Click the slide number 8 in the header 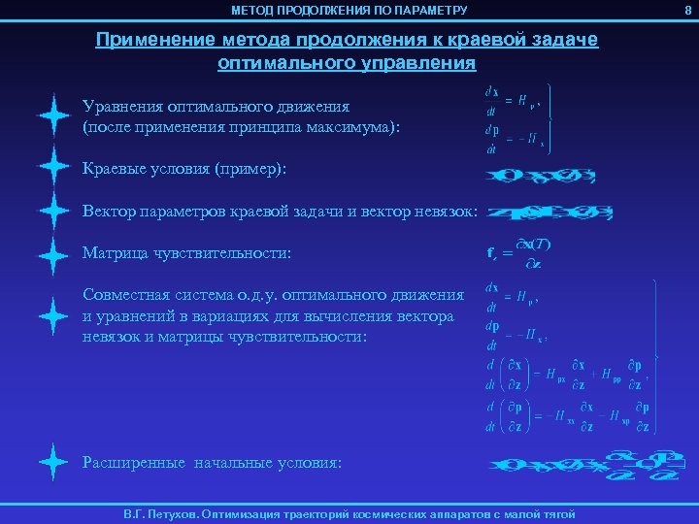click(x=688, y=10)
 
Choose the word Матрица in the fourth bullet click(x=114, y=253)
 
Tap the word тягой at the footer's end click(x=556, y=514)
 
